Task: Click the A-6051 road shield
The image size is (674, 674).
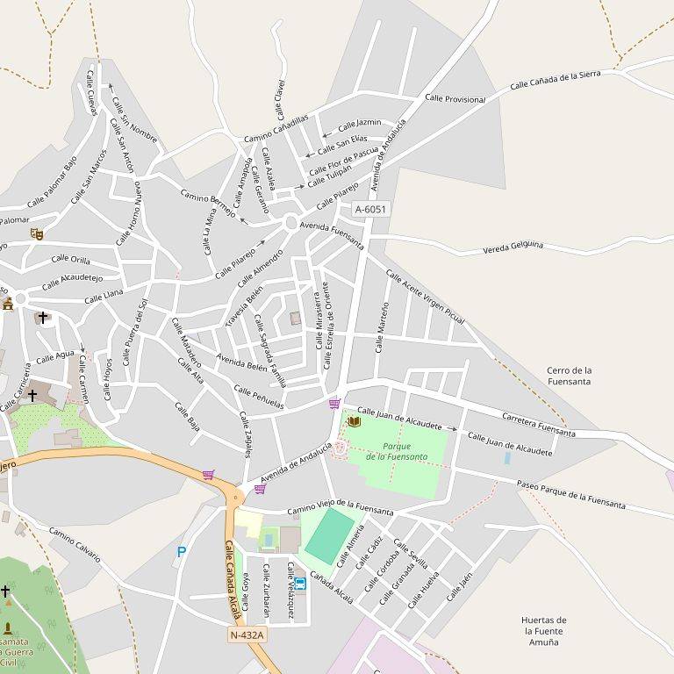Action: pyautogui.click(x=370, y=210)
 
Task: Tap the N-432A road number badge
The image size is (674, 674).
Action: pyautogui.click(x=247, y=635)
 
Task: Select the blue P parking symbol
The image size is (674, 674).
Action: pyautogui.click(x=182, y=552)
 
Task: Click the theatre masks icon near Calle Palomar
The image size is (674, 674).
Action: pyautogui.click(x=36, y=234)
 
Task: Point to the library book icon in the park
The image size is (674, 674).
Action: pyautogui.click(x=354, y=422)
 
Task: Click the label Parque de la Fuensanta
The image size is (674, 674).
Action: pyautogui.click(x=397, y=451)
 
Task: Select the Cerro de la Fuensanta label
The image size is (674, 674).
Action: pyautogui.click(x=569, y=376)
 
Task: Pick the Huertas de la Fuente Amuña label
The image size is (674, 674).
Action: pyautogui.click(x=543, y=630)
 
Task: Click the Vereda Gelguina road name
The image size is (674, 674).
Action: pyautogui.click(x=513, y=248)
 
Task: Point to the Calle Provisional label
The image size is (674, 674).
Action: pyautogui.click(x=455, y=99)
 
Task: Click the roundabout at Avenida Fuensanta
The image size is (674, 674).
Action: pyautogui.click(x=291, y=224)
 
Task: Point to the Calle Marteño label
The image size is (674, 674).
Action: pyautogui.click(x=381, y=326)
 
